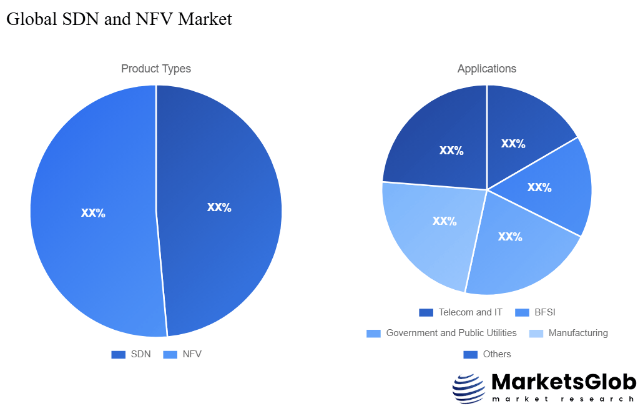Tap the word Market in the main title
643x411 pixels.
click(205, 19)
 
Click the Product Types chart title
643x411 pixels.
click(156, 69)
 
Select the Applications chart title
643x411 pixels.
click(487, 69)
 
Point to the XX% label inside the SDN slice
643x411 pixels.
click(219, 207)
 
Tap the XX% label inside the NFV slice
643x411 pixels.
click(93, 213)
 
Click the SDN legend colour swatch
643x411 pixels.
click(119, 355)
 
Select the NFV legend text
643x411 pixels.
click(192, 355)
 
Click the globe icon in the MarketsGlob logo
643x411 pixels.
click(468, 389)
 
